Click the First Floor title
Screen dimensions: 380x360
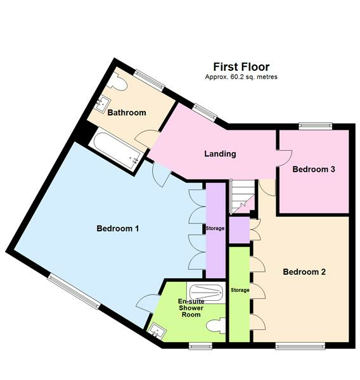click(x=241, y=66)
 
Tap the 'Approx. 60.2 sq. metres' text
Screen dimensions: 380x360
click(x=241, y=77)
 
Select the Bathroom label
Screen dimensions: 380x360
click(x=126, y=113)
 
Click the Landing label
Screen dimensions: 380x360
click(x=220, y=153)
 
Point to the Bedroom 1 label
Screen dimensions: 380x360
click(x=117, y=229)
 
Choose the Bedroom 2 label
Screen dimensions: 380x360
click(x=304, y=272)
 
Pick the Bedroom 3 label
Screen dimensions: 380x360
click(x=313, y=169)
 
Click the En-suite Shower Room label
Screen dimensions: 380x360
click(x=189, y=308)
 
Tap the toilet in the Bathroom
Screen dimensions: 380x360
click(x=120, y=82)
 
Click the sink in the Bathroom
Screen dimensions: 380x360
click(x=102, y=103)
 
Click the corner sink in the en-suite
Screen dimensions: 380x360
click(x=155, y=329)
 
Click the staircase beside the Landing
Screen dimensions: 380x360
click(x=241, y=196)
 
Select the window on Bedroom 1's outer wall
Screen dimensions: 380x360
click(x=73, y=291)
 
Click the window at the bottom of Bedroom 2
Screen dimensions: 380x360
click(x=300, y=346)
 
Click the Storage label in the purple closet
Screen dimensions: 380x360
click(x=215, y=228)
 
